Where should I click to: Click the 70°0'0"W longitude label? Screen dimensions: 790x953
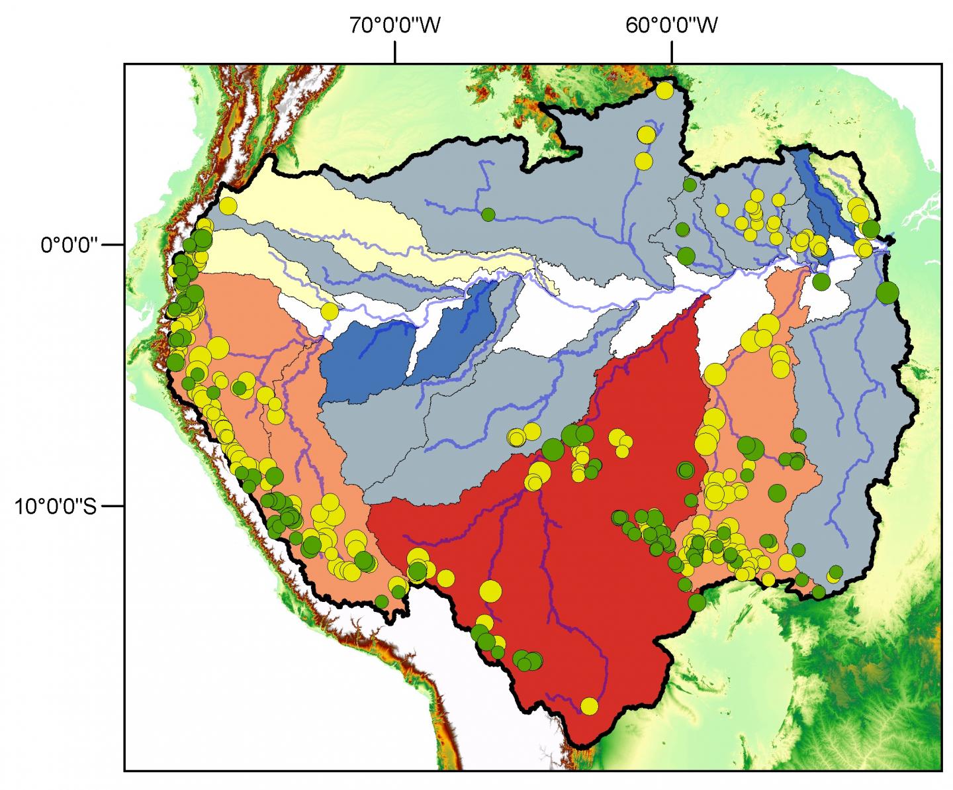(x=395, y=26)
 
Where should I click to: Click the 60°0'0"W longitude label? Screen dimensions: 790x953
(x=672, y=26)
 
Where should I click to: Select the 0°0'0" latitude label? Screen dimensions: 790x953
(x=69, y=245)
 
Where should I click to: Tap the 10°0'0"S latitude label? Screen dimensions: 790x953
(x=56, y=507)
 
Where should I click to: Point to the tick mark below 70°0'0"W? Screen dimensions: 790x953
(x=395, y=52)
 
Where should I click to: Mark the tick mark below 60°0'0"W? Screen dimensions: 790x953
(x=672, y=52)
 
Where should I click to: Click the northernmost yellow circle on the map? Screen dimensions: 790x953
(x=664, y=90)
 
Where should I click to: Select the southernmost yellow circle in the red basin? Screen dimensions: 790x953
(x=589, y=706)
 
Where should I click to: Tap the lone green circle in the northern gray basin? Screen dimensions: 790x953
(x=488, y=214)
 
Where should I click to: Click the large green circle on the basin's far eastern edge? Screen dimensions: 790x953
(x=887, y=291)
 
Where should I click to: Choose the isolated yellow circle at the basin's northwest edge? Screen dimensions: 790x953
(x=228, y=205)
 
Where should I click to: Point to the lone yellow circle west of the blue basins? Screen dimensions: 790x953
(x=329, y=311)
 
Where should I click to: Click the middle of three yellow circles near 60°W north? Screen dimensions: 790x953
(x=645, y=135)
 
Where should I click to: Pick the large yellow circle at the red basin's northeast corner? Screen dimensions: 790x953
(x=714, y=374)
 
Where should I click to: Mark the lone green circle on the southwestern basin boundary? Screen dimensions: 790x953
(x=382, y=601)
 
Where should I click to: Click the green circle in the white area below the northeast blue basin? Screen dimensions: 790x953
(x=821, y=281)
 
